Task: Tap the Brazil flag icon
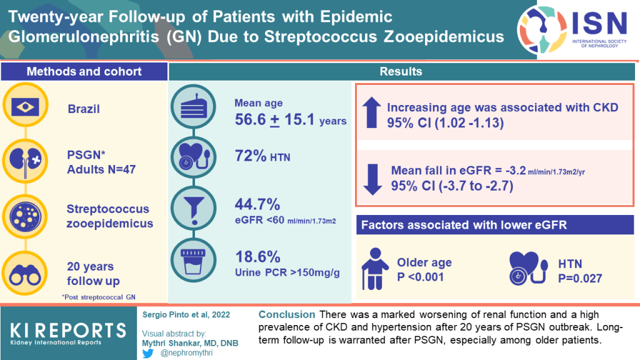[x=30, y=109]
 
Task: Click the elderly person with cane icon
[x=374, y=269]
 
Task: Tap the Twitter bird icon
[x=149, y=352]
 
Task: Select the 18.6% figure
[x=256, y=257]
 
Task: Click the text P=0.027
[x=582, y=278]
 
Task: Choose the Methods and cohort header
[x=84, y=71]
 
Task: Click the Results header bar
[x=401, y=71]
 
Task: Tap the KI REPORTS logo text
[x=68, y=329]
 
